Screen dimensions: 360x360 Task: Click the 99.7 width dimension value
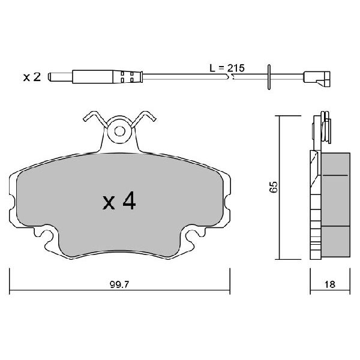pos(119,284)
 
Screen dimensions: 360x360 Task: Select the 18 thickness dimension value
pos(329,284)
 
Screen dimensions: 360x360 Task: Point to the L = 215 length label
pos(227,68)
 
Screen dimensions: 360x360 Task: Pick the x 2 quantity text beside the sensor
pos(32,77)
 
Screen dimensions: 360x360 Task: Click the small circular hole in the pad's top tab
pos(119,131)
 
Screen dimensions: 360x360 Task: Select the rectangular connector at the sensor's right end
pos(317,79)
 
